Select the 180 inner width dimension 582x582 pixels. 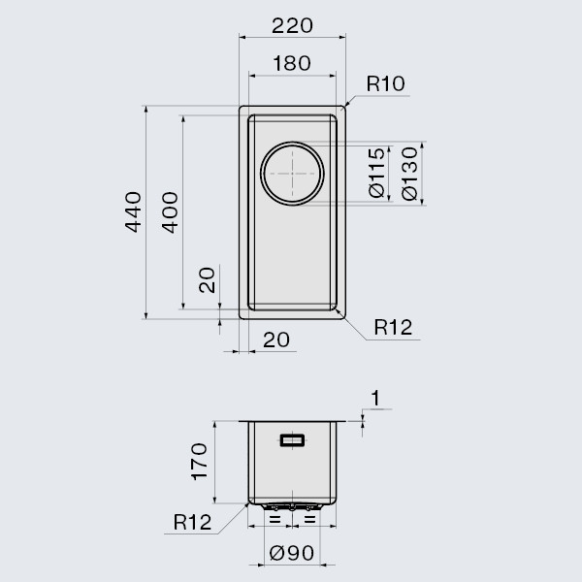click(x=292, y=64)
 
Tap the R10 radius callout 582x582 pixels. click(x=384, y=85)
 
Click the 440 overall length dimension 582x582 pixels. click(x=135, y=212)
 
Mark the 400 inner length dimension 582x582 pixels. click(x=170, y=212)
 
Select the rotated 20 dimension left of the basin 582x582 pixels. click(x=207, y=282)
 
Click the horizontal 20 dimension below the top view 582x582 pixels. click(x=276, y=339)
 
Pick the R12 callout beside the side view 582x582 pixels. click(x=192, y=523)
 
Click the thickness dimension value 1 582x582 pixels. click(x=375, y=397)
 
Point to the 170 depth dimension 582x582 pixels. click(x=198, y=462)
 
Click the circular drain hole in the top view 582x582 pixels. click(x=292, y=174)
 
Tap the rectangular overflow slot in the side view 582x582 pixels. click(x=292, y=440)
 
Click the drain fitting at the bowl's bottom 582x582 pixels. click(x=292, y=505)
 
